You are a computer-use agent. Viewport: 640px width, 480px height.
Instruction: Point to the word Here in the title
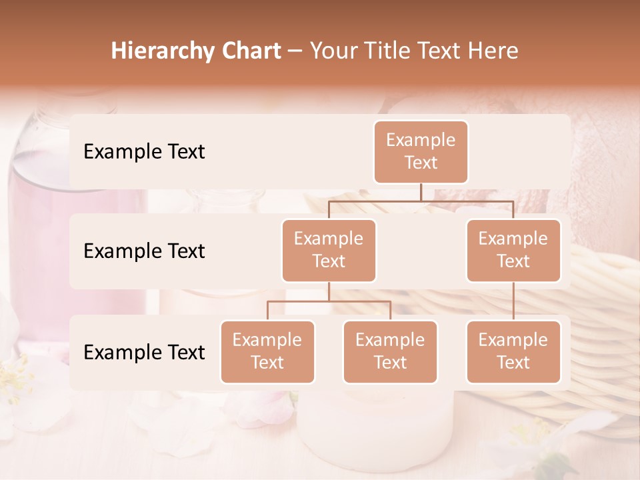click(x=493, y=51)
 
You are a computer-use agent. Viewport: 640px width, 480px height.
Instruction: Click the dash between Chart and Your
click(x=295, y=51)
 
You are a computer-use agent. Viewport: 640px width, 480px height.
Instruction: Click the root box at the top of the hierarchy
click(x=421, y=151)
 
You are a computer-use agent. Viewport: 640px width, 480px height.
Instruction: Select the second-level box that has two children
click(x=329, y=250)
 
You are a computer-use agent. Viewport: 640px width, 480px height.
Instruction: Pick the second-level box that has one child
click(x=513, y=250)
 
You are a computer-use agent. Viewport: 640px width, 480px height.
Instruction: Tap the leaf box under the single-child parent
click(x=513, y=351)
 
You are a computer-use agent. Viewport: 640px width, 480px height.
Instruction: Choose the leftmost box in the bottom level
click(x=267, y=351)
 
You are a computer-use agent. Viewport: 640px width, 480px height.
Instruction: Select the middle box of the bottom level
click(x=390, y=351)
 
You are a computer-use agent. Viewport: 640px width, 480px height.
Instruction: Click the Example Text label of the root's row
click(x=144, y=151)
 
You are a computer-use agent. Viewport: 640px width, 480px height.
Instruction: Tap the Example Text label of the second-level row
click(x=144, y=251)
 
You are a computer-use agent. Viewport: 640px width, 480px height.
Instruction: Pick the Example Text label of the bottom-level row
click(x=144, y=352)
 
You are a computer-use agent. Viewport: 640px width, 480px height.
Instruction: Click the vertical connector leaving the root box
click(x=421, y=192)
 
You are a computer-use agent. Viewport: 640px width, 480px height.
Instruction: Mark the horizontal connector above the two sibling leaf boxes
click(x=329, y=301)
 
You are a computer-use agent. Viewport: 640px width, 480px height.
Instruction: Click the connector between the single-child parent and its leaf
click(x=513, y=301)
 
